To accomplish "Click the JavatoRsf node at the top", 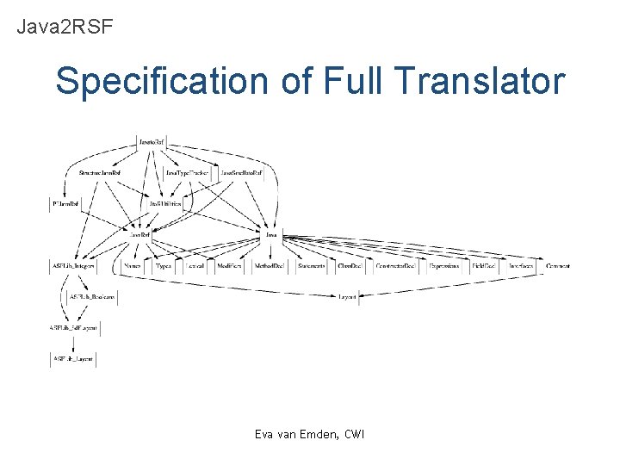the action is [x=152, y=140].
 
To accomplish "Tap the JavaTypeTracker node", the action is [x=187, y=173].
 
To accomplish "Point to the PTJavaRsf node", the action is [x=65, y=203].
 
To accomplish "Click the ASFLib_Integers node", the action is [x=72, y=267].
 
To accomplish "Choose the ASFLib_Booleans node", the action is [x=92, y=295].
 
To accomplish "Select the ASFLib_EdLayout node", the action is [x=73, y=327].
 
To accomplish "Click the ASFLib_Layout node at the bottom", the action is [x=73, y=357].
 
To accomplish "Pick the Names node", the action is [x=132, y=267].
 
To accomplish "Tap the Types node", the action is [x=164, y=267].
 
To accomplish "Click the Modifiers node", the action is [x=230, y=267].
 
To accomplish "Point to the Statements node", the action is [x=311, y=267].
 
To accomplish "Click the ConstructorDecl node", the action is [x=396, y=267].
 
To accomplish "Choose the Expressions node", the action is [x=443, y=267].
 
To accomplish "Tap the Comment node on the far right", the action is [x=557, y=267].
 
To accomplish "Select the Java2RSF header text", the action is [x=65, y=27].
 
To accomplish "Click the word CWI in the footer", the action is [x=354, y=434].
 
